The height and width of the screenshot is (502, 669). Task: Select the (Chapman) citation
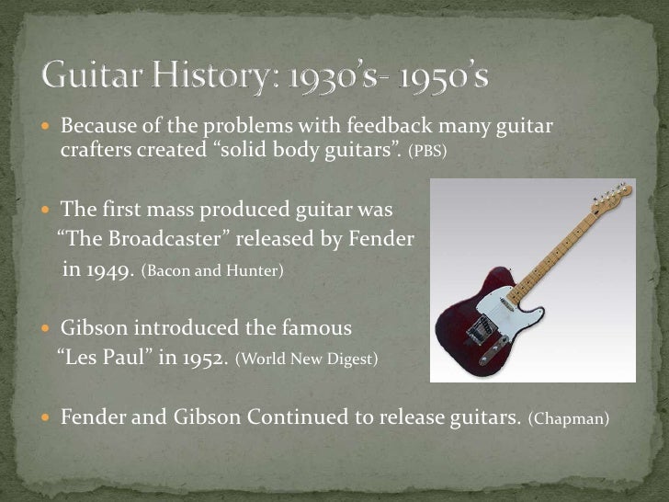(x=569, y=418)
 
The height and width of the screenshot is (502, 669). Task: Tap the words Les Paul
(x=102, y=359)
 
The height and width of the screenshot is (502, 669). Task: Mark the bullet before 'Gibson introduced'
(x=49, y=329)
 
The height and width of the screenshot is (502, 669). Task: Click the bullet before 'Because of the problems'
(x=49, y=125)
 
